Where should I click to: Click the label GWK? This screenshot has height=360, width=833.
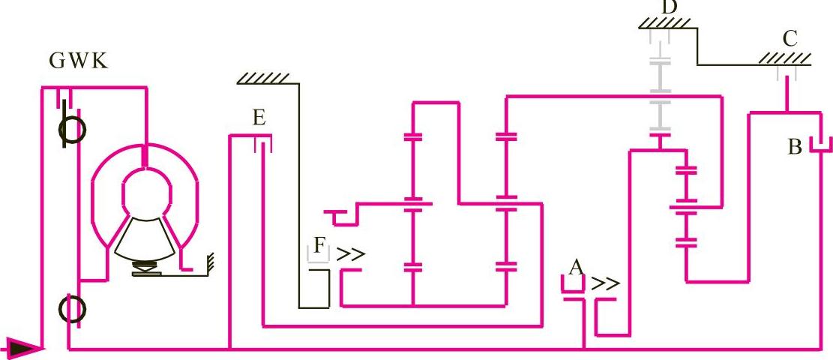[79, 61]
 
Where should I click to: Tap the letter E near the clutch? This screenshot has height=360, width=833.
[259, 118]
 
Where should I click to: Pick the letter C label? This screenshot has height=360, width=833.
[789, 38]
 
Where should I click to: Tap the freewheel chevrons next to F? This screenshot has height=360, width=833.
[350, 255]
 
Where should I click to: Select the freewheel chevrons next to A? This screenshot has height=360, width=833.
[606, 284]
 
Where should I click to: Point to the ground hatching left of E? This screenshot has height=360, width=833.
[262, 78]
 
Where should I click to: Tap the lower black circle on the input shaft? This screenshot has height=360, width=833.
[73, 308]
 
